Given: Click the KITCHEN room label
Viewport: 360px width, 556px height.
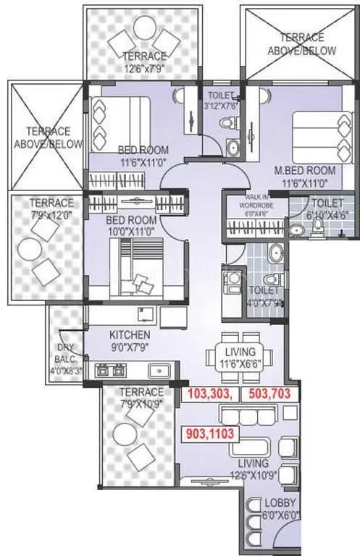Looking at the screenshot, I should pyautogui.click(x=130, y=335).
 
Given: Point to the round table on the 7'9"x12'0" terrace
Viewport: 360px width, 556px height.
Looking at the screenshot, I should pyautogui.click(x=30, y=250).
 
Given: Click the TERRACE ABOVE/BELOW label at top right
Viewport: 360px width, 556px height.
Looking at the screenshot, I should pyautogui.click(x=301, y=45).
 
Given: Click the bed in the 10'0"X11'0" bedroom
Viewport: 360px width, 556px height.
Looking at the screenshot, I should pyautogui.click(x=133, y=264).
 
